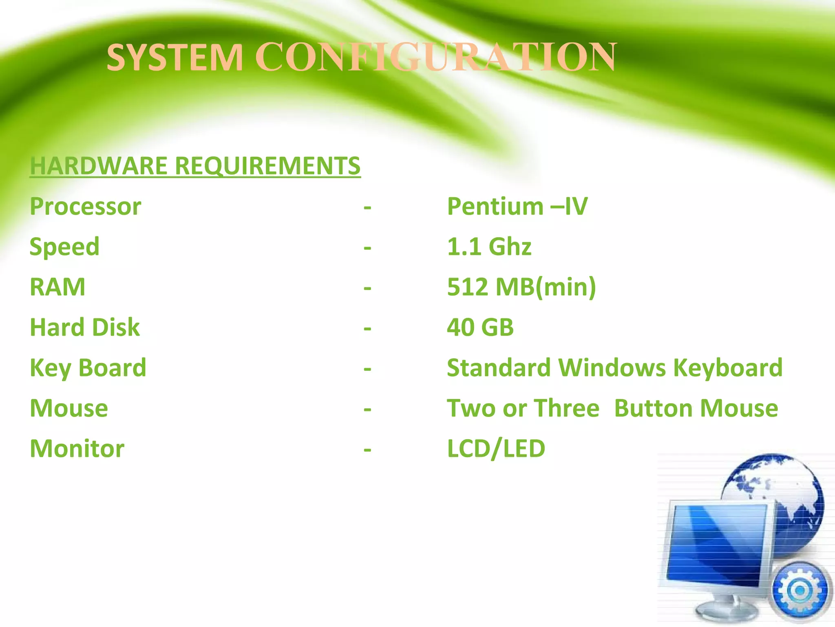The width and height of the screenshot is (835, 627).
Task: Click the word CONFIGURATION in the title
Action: (x=435, y=58)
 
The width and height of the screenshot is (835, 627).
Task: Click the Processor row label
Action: (x=86, y=206)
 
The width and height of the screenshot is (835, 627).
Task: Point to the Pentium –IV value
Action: (x=517, y=206)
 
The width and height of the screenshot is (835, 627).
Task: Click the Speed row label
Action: (x=64, y=247)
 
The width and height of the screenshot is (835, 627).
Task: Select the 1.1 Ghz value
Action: (x=489, y=247)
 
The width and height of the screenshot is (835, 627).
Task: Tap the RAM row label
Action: (x=57, y=287)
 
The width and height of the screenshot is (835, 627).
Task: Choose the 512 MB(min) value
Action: (x=521, y=287)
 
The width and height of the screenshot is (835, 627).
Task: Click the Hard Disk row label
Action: (x=85, y=327)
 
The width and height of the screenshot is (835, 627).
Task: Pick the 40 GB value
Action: (x=480, y=327)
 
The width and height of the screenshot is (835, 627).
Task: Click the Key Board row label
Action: (x=88, y=368)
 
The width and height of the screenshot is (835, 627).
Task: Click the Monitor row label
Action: (x=77, y=449)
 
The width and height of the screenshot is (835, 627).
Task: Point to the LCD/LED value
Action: (x=496, y=449)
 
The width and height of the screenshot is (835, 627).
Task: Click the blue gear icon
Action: (x=800, y=590)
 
